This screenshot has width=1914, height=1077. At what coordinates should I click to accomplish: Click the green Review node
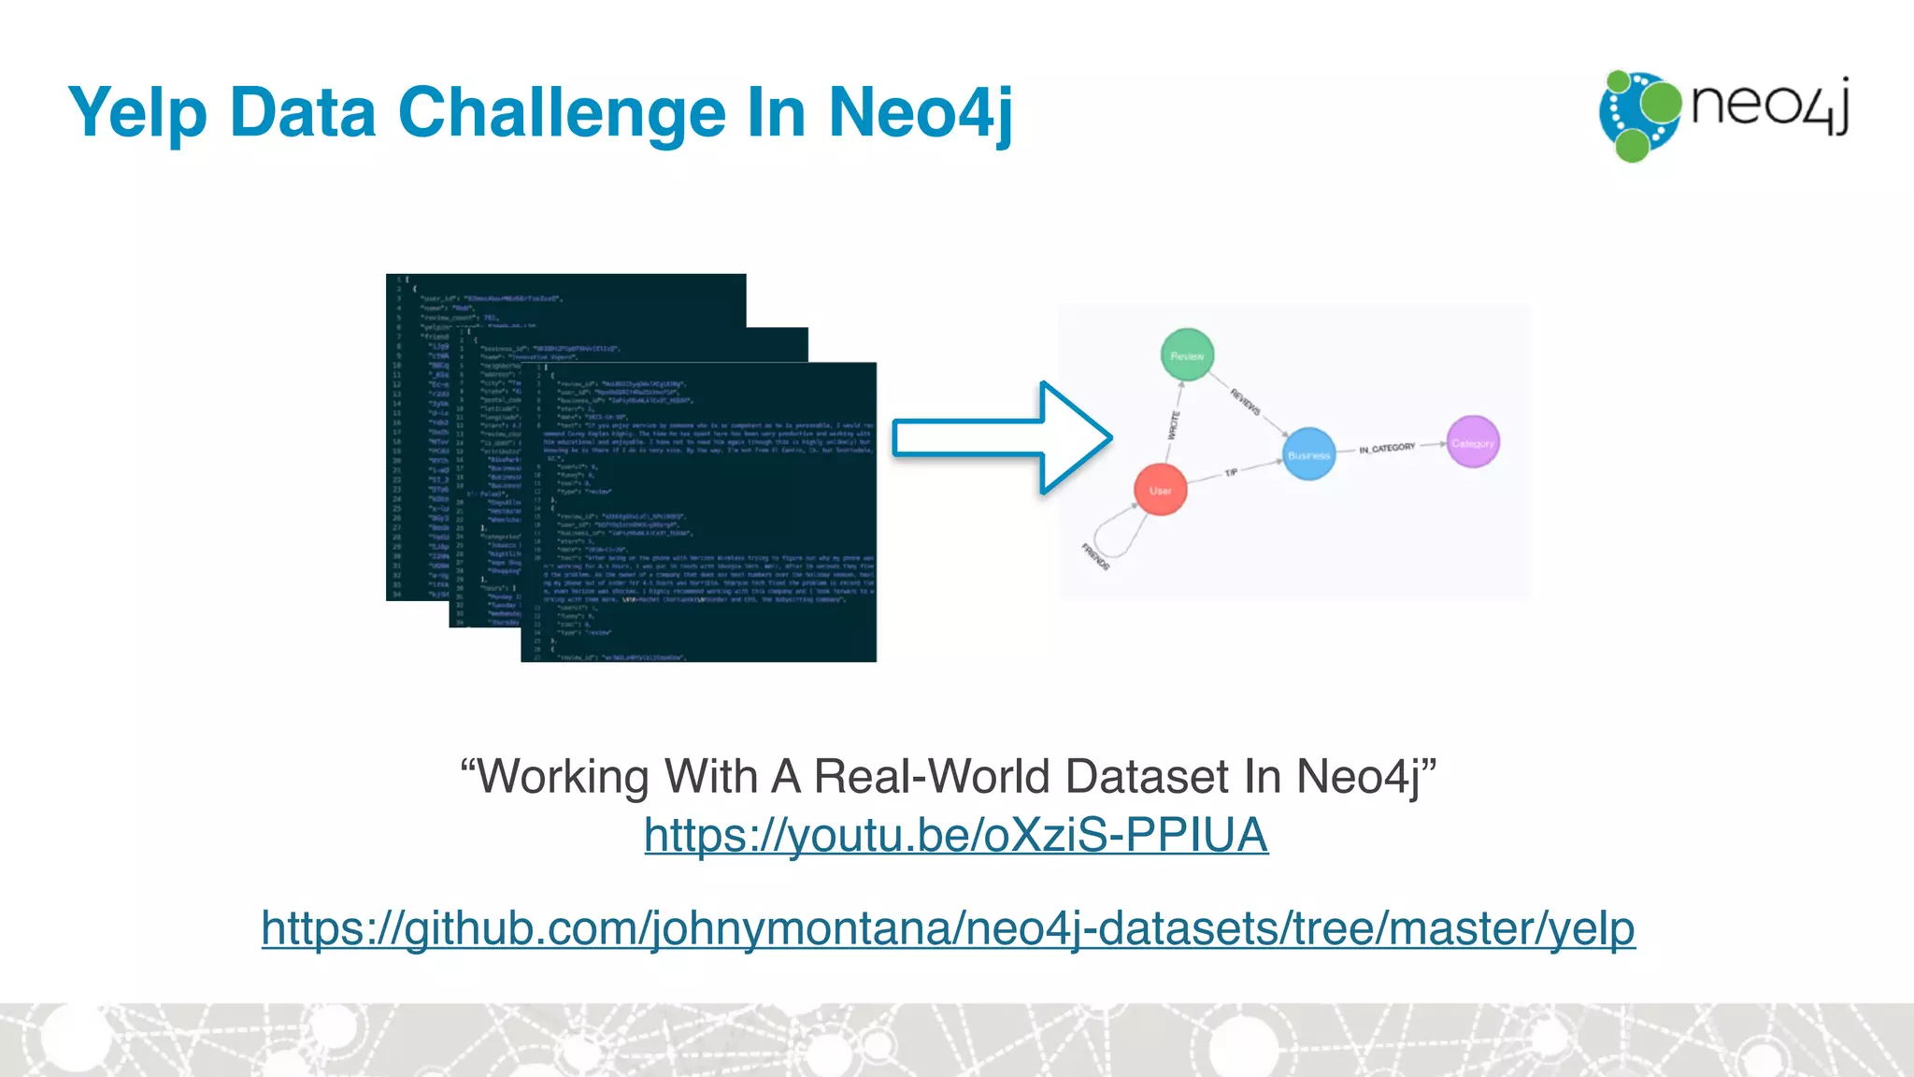(x=1187, y=355)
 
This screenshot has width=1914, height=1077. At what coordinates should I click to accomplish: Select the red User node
(x=1161, y=490)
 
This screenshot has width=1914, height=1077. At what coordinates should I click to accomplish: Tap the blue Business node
(x=1308, y=454)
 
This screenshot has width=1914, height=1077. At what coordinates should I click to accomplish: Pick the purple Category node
(x=1473, y=442)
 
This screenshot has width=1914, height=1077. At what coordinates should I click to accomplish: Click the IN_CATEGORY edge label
(x=1387, y=449)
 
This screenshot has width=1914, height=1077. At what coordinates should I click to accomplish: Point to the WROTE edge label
(x=1174, y=425)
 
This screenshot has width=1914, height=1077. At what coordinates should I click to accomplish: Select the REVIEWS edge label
(x=1245, y=402)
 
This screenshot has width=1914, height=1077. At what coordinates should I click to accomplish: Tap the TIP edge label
(x=1231, y=473)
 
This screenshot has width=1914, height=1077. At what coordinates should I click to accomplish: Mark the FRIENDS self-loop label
(x=1095, y=556)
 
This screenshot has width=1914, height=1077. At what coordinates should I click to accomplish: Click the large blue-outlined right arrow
(x=1000, y=438)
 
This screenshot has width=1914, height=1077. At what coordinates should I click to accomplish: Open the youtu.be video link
(x=955, y=835)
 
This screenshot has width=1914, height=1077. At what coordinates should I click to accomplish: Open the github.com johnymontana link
(x=948, y=928)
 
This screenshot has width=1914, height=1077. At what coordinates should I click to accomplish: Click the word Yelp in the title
(x=137, y=114)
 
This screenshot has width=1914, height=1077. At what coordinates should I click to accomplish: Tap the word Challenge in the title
(x=562, y=112)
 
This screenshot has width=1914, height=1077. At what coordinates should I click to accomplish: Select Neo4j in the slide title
(x=920, y=114)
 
